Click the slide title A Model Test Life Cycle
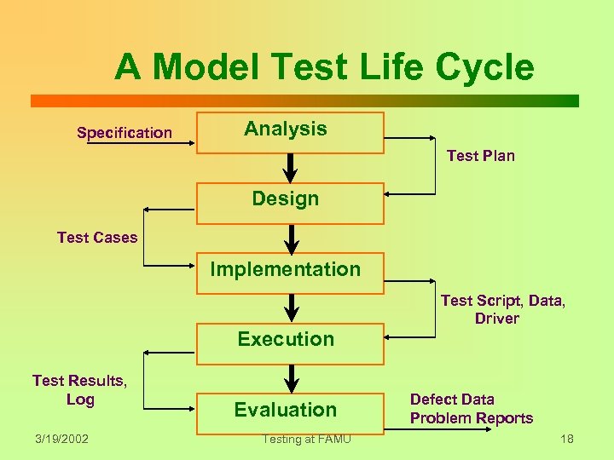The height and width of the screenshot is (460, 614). click(x=324, y=66)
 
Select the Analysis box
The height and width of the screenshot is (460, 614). click(x=290, y=132)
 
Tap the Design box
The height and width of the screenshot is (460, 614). click(x=290, y=202)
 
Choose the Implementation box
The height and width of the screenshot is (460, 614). click(x=290, y=273)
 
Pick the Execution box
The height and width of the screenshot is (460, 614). click(x=290, y=342)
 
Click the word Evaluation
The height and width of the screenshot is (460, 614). click(x=286, y=410)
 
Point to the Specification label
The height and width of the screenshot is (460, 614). click(x=125, y=132)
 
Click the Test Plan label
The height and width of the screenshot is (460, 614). click(x=480, y=155)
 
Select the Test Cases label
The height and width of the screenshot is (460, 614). click(x=96, y=238)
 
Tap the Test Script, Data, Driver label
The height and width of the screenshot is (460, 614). click(x=502, y=309)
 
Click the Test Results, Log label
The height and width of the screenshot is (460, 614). click(x=79, y=389)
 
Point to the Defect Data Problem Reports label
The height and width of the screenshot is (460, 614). click(x=471, y=409)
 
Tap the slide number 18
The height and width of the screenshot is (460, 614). click(x=566, y=439)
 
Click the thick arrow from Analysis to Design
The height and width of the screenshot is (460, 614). click(x=290, y=168)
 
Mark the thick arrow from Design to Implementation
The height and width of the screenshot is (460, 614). click(x=290, y=238)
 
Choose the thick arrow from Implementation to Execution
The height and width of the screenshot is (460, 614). click(x=290, y=308)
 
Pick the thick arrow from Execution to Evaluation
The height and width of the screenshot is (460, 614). click(x=290, y=378)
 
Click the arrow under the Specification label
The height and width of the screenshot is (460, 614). click(x=141, y=144)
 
